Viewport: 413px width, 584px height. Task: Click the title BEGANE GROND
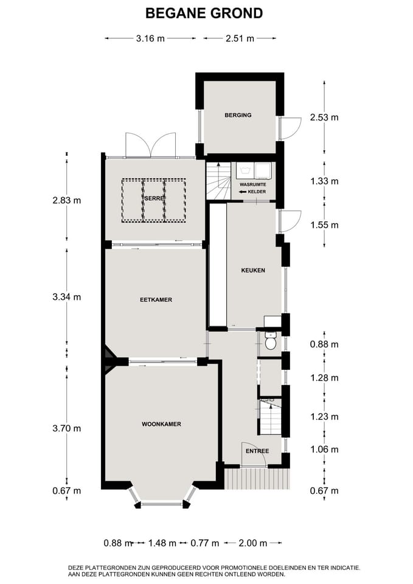tap(204, 13)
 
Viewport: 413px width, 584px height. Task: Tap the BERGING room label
tap(238, 115)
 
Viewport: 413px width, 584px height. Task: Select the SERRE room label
tap(154, 198)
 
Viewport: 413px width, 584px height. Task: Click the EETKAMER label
tap(156, 299)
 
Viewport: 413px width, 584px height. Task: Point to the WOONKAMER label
tap(161, 424)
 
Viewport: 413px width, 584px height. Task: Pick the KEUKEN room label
tap(253, 270)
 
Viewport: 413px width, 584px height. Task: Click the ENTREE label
tap(257, 451)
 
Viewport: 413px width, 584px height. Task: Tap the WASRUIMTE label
tap(253, 185)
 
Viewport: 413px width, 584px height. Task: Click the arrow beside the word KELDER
tap(243, 192)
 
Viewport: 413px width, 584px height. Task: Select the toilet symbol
tap(271, 341)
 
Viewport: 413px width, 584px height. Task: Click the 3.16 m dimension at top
tap(150, 38)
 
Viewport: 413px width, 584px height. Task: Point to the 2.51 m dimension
tap(240, 38)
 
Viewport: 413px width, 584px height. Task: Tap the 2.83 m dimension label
tap(67, 200)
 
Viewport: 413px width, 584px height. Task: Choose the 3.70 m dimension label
tap(67, 428)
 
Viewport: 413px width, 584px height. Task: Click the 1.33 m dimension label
tap(324, 181)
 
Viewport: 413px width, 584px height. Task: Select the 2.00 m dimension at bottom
tap(253, 543)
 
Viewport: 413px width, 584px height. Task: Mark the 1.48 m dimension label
tap(162, 543)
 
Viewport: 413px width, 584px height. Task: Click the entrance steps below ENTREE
tap(257, 479)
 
